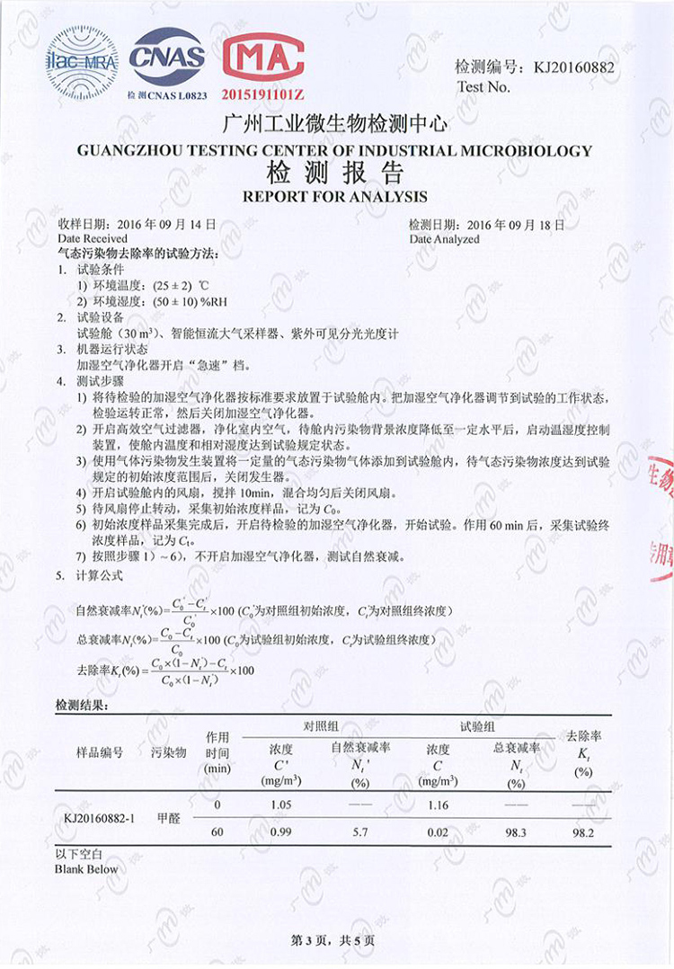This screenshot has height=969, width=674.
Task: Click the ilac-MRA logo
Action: click(82, 61)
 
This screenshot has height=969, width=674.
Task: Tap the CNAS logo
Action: click(167, 57)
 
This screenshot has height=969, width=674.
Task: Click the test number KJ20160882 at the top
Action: click(575, 67)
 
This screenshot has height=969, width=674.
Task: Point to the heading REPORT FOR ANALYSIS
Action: click(335, 196)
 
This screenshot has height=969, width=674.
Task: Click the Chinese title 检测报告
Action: click(335, 173)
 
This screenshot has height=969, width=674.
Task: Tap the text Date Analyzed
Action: click(444, 239)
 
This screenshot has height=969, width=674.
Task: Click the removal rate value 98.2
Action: click(583, 832)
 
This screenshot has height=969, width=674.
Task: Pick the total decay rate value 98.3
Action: click(516, 832)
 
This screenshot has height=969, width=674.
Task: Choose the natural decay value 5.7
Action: click(360, 832)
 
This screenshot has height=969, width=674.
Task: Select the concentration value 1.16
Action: click(438, 805)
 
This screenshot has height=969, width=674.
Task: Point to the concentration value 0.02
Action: click(438, 832)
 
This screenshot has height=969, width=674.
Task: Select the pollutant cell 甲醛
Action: click(168, 819)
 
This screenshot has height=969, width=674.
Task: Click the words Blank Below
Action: click(86, 869)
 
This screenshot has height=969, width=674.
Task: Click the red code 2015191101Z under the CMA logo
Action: click(264, 94)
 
